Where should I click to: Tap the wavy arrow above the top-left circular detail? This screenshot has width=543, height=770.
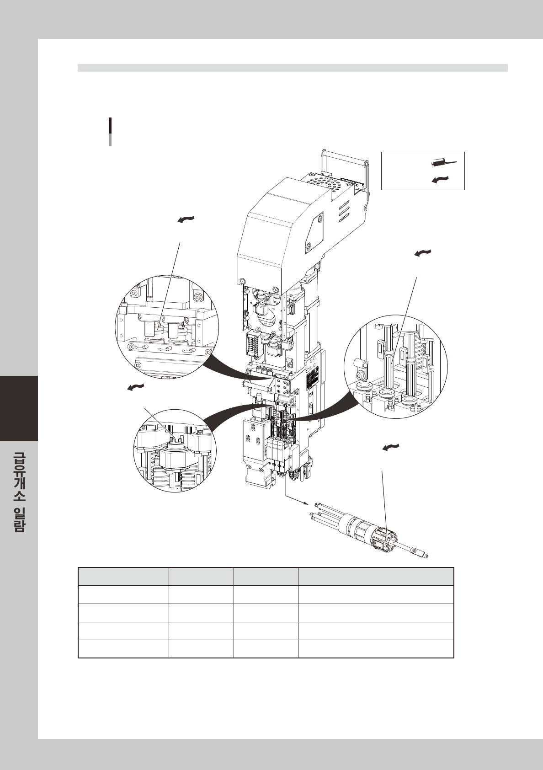186,220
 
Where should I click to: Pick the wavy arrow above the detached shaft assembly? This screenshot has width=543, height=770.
390,447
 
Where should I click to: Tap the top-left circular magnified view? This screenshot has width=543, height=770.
167,327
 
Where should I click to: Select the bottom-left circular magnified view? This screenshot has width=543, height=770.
174,450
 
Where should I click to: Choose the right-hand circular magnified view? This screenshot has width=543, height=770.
396,366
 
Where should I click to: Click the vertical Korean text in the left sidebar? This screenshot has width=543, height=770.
19,492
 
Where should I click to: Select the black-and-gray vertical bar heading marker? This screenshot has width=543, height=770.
110,132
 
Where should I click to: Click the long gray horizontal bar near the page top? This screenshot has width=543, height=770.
293,68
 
